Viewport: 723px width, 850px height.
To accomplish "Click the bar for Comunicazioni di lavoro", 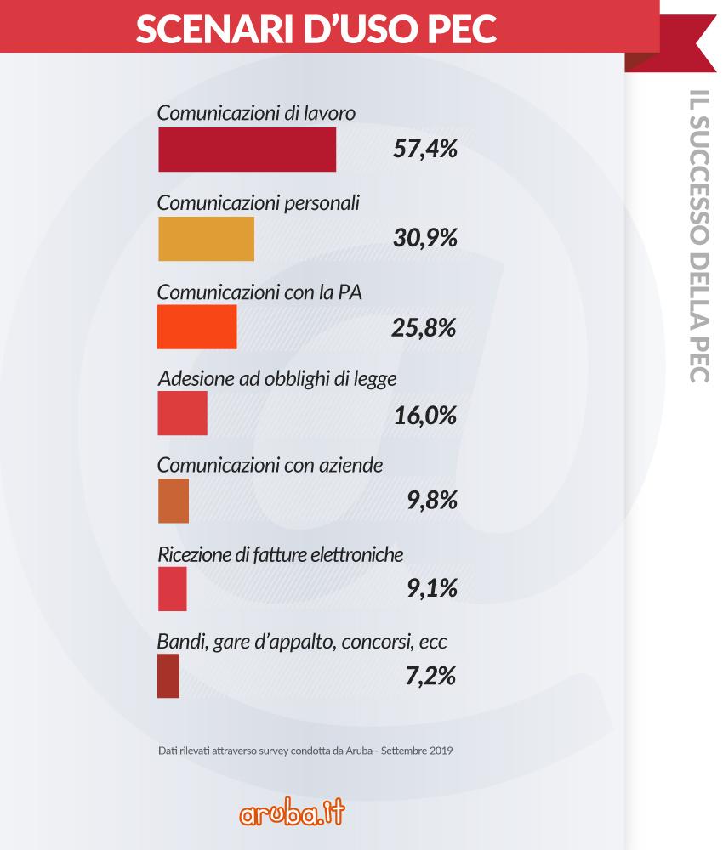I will [247, 150].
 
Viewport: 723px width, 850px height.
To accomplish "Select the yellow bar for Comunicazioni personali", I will [206, 239].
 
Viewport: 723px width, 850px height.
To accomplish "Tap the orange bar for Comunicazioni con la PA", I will [196, 326].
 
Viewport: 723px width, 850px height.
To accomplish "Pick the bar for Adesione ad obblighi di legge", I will [182, 414].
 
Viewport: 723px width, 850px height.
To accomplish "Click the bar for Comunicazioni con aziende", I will [173, 501].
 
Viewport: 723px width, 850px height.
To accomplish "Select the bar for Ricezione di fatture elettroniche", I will [172, 588].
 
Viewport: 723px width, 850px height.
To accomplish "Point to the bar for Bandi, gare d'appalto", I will [168, 676].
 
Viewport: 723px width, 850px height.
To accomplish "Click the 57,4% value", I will [425, 150].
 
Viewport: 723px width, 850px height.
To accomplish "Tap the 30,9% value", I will [425, 239].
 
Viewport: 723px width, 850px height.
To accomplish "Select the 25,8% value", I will [425, 327].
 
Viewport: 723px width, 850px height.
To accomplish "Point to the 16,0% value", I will [425, 416].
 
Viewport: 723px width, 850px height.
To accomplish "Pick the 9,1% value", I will [432, 588].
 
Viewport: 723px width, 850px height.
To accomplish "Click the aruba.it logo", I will [292, 813].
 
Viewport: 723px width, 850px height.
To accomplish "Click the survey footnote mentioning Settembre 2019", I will [305, 751].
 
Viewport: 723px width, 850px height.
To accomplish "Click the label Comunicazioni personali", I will [259, 204].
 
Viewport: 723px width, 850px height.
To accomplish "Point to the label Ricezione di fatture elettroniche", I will [280, 555].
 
